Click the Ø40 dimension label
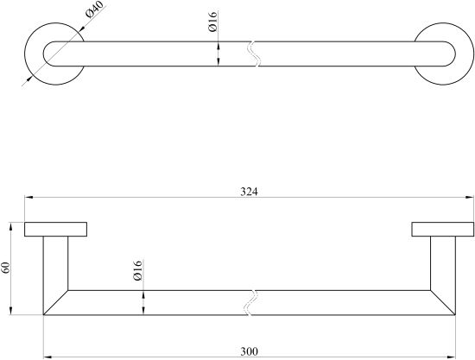(x=94, y=9)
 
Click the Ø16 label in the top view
(x=212, y=22)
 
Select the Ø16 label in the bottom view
(x=137, y=270)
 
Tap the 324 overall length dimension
(x=249, y=192)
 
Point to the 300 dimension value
(x=250, y=351)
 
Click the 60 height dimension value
(x=6, y=268)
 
